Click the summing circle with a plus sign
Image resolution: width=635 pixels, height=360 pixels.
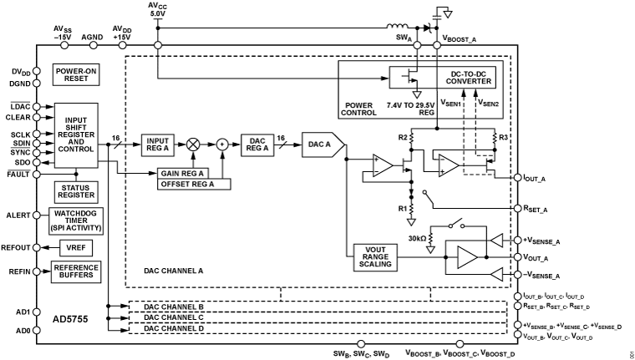[222, 144]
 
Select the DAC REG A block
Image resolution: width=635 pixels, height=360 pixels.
[258, 144]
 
